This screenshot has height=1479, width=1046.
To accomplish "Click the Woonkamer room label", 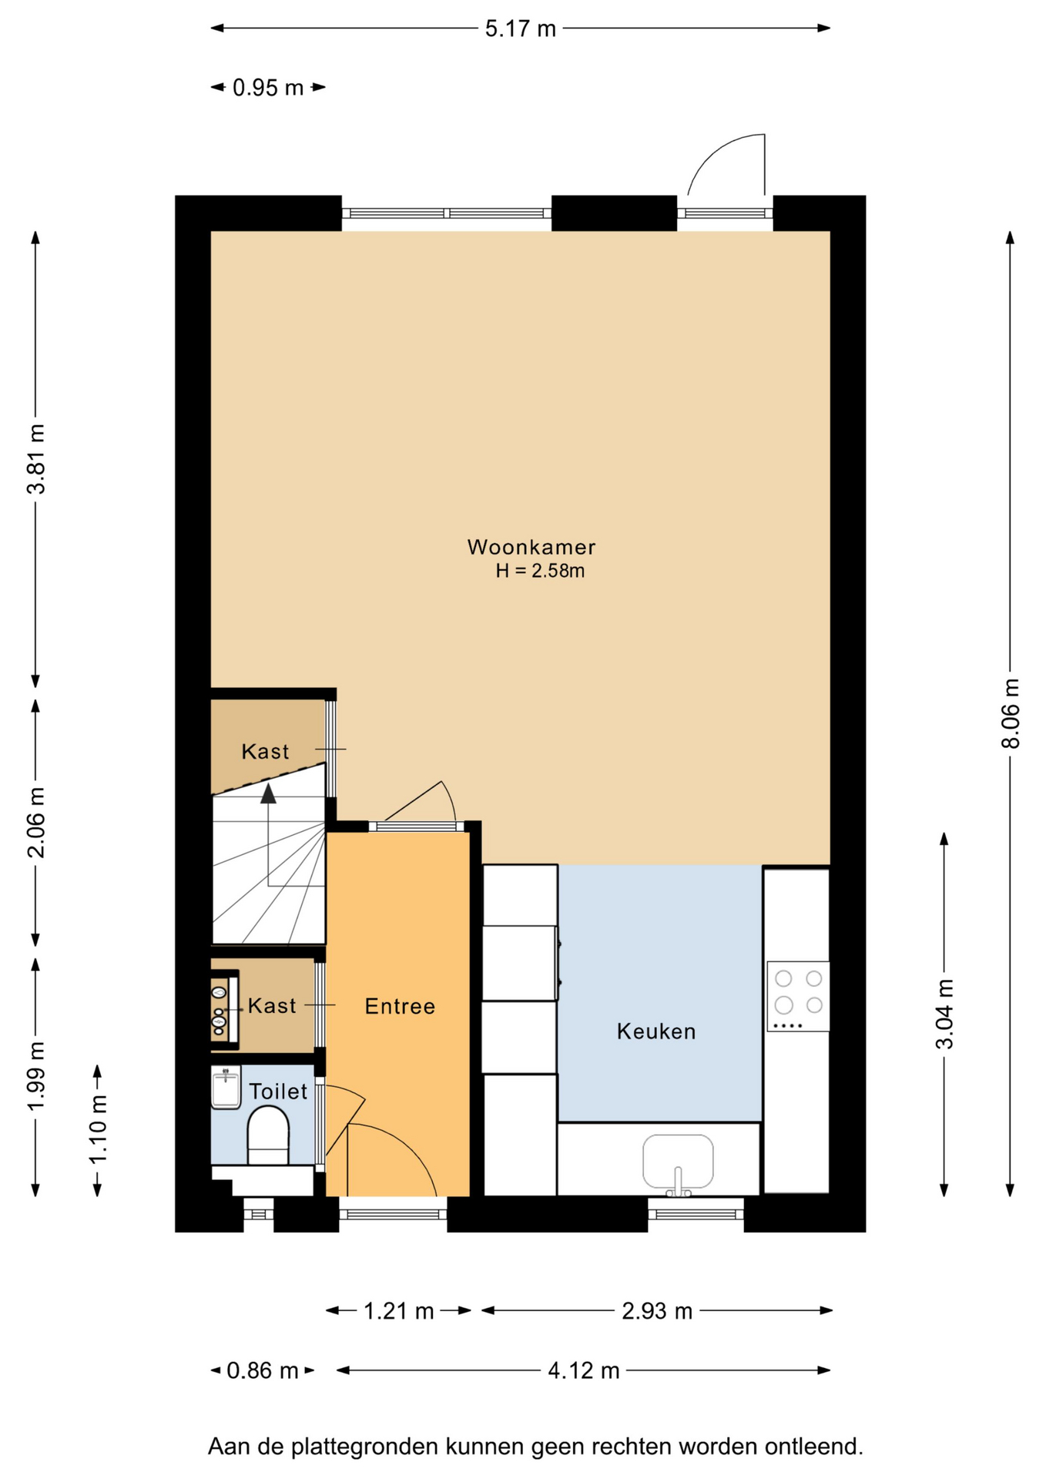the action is [x=531, y=547].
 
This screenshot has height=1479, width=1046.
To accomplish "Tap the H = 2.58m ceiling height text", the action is [x=540, y=571].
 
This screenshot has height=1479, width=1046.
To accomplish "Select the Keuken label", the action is [x=656, y=1031].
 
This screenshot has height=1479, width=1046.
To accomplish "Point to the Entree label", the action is [x=400, y=1006].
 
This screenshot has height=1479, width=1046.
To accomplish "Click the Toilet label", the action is [x=278, y=1091].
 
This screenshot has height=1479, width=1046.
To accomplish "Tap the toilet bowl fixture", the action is [x=268, y=1135].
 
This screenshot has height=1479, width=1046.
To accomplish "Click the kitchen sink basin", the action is [x=678, y=1162].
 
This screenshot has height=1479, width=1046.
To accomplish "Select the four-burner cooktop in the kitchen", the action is [x=798, y=997].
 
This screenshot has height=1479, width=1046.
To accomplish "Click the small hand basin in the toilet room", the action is [x=226, y=1087].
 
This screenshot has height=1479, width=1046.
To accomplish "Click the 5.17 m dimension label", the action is [x=520, y=29].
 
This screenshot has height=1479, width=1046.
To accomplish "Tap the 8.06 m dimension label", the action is [x=1010, y=713].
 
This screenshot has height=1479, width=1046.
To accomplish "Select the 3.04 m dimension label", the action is [x=944, y=1014].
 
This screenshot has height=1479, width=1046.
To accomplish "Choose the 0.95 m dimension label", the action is [x=268, y=88].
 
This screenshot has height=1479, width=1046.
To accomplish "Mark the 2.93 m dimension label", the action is [x=657, y=1311].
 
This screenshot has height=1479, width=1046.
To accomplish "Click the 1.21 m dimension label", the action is [x=398, y=1311].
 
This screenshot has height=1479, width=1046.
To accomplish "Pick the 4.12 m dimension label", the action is [x=584, y=1371].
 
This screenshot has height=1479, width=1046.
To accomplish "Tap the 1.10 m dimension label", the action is [x=98, y=1129].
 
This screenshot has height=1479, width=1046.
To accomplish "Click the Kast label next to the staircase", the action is [x=265, y=751].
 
